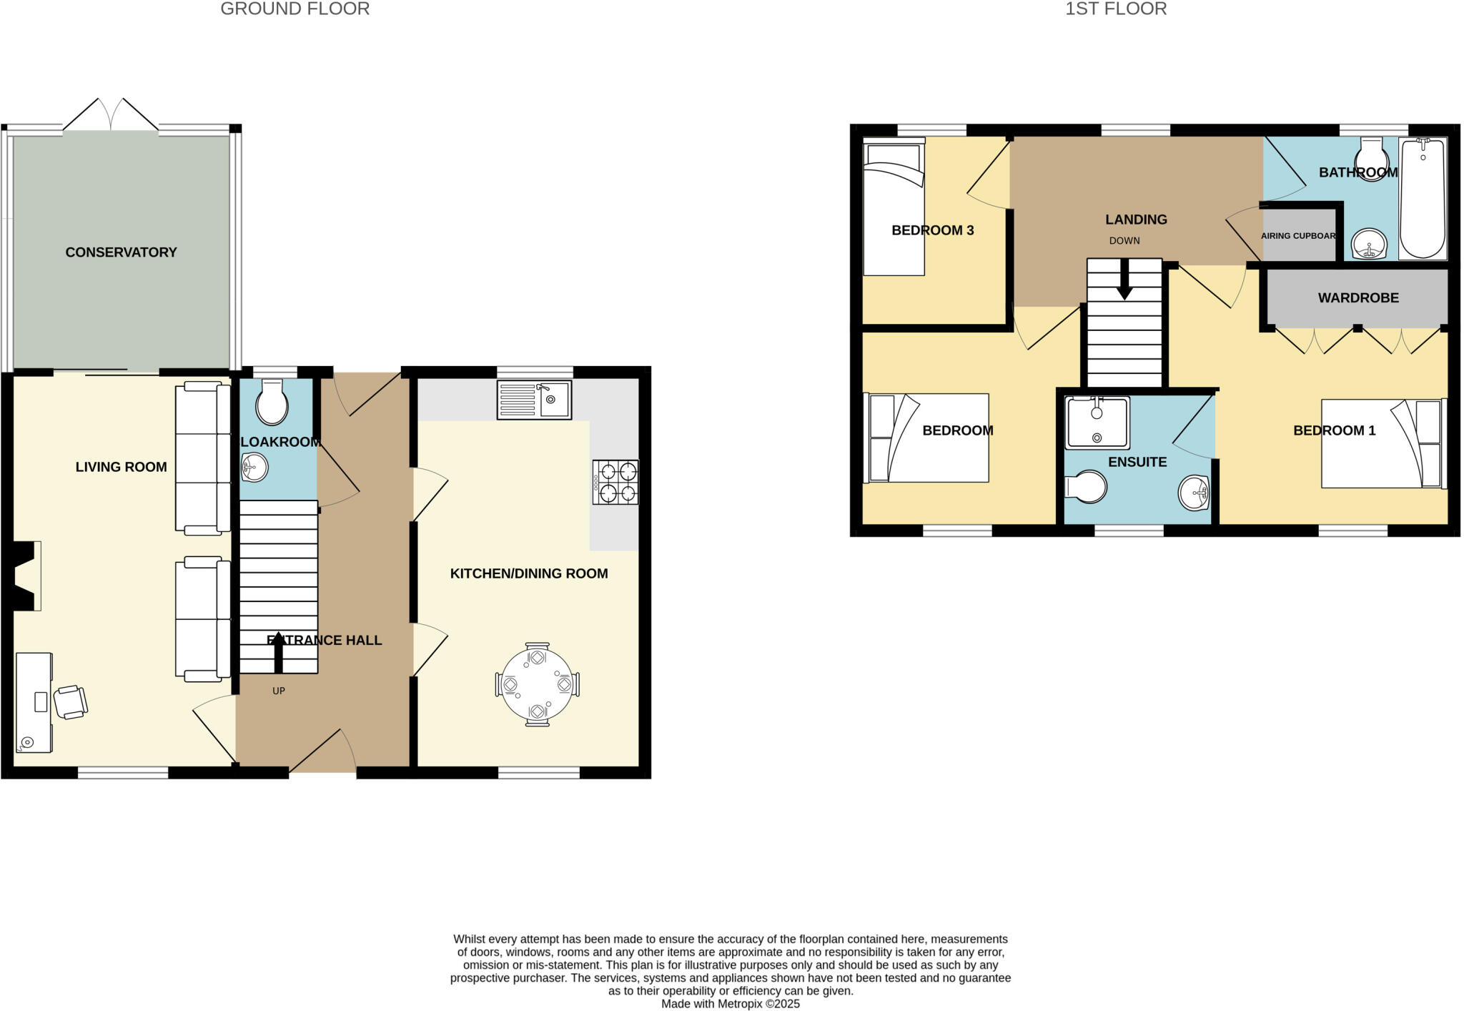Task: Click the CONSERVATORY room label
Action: [x=121, y=252]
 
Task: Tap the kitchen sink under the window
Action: [x=534, y=400]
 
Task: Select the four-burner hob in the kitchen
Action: [x=615, y=483]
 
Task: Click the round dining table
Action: [x=537, y=684]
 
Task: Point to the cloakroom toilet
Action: [x=272, y=404]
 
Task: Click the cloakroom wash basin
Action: [x=254, y=468]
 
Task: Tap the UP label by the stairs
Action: [x=279, y=691]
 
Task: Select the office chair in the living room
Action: [x=70, y=701]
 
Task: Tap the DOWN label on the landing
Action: [x=1124, y=241]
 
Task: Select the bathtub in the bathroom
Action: [x=1422, y=199]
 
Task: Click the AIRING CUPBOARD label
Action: [x=1298, y=236]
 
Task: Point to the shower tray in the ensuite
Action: [x=1097, y=423]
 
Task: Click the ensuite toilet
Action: [x=1087, y=488]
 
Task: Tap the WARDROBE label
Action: [x=1358, y=298]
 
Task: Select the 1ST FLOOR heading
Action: [x=1116, y=9]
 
